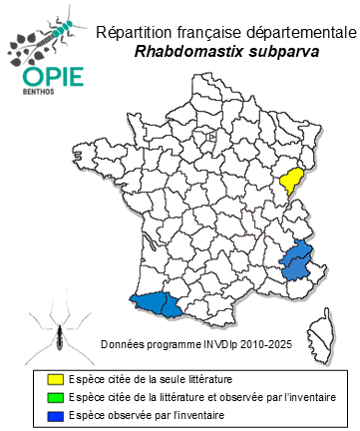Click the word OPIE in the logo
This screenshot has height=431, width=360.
[x=42, y=76]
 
